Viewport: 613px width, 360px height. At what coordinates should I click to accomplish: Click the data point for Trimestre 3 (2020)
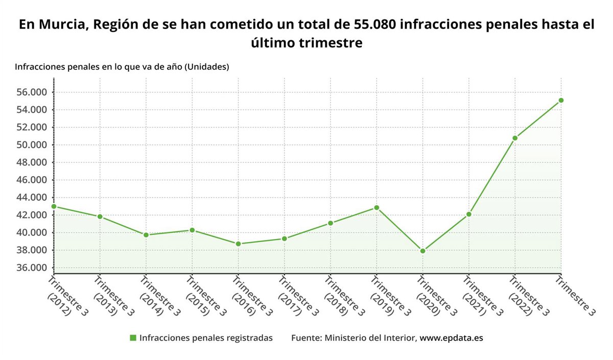[422, 251]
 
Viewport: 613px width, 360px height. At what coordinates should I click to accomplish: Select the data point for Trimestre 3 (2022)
[515, 138]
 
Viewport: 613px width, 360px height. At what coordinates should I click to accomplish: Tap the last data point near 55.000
[561, 100]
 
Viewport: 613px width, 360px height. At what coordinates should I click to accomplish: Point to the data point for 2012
[54, 206]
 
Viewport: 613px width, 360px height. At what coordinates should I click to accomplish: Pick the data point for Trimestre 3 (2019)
[376, 208]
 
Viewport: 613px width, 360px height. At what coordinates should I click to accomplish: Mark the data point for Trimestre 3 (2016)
[238, 244]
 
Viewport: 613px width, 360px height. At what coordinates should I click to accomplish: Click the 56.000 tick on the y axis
[32, 92]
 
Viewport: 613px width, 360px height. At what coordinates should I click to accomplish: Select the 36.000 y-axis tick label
[32, 268]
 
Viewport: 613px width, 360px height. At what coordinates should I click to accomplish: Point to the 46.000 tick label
[32, 180]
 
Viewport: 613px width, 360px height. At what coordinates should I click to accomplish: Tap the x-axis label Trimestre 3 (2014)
[155, 296]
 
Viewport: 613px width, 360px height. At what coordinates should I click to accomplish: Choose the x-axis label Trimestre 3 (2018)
[340, 296]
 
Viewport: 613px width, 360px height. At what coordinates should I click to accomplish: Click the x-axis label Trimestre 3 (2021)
[479, 296]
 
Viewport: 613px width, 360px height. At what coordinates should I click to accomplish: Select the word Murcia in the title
[61, 25]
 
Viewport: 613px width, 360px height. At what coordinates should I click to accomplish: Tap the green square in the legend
[133, 338]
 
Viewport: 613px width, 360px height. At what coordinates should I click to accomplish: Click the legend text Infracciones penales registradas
[205, 338]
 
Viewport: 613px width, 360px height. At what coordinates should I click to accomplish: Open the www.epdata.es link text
[451, 338]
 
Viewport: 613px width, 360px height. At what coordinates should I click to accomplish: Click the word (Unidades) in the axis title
[206, 67]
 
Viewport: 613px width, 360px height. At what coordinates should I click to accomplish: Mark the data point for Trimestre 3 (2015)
[192, 230]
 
